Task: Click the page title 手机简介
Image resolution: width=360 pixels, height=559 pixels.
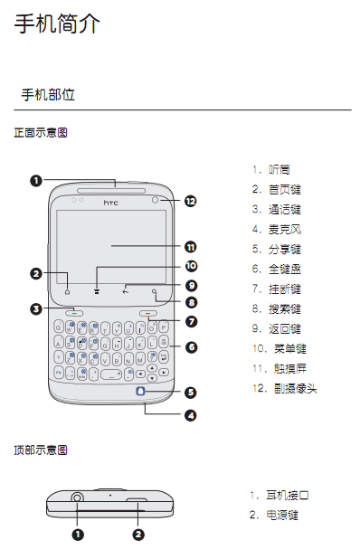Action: pos(57,24)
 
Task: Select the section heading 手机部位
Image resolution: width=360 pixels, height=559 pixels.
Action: pos(48,95)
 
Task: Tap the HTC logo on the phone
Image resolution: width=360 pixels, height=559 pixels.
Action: pos(111,203)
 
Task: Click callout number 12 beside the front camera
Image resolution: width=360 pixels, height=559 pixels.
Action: pos(191,202)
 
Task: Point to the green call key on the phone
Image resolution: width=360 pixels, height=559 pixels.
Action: pos(74,313)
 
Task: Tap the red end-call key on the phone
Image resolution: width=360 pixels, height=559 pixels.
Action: pos(148,313)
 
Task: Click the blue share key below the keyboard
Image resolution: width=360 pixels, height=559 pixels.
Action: pos(141,392)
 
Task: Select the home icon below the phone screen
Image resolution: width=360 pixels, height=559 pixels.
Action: pos(67,292)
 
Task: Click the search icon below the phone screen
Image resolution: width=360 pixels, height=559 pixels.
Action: pos(155,292)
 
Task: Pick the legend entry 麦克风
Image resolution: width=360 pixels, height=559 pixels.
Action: pos(285,229)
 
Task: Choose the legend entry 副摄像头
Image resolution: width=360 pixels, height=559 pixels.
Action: pos(296,388)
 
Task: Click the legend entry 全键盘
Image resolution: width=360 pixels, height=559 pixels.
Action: pos(285,269)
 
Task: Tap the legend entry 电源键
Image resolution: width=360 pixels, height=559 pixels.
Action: pos(282,516)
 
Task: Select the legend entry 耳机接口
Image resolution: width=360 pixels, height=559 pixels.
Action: pos(288,495)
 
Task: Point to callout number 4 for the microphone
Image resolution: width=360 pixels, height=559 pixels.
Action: pos(191,416)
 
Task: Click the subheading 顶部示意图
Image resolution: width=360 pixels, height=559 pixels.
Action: pos(41,450)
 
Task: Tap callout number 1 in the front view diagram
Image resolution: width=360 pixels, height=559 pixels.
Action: pos(36,181)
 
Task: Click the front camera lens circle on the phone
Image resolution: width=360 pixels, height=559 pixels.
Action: pos(155,201)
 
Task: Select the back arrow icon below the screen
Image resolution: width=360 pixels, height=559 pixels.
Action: pos(126,292)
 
